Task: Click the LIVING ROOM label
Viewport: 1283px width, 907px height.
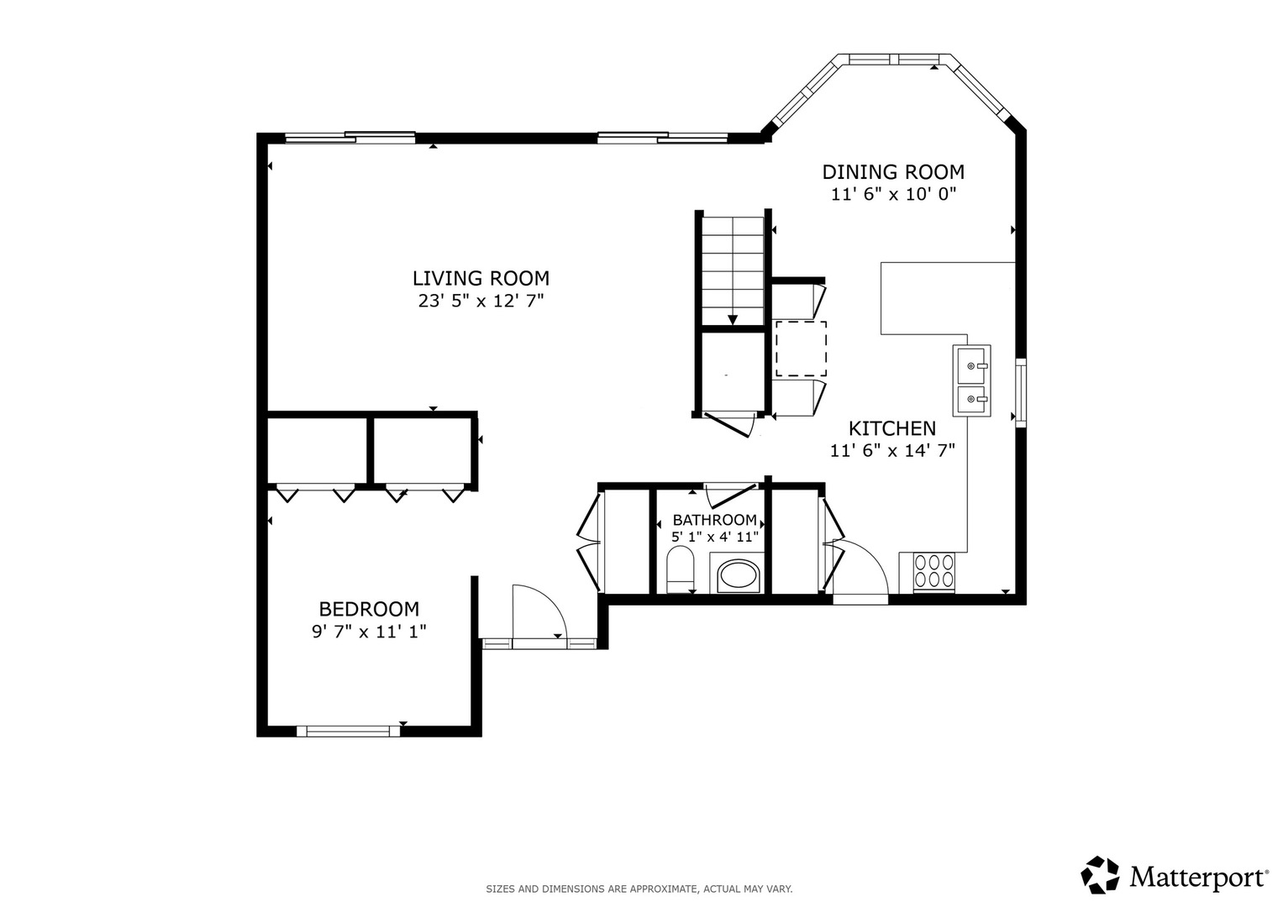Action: point(481,278)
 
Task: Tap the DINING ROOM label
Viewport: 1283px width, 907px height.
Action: point(893,172)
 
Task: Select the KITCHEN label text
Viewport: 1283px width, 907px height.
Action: point(891,428)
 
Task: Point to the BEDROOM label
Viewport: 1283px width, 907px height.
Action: point(369,609)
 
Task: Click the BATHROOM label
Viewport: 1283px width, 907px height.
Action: point(715,520)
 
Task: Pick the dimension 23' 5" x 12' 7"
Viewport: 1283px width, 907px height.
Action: point(481,301)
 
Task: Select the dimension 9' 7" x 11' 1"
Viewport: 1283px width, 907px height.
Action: point(369,632)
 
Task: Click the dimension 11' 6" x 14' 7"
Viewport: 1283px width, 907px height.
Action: point(892,451)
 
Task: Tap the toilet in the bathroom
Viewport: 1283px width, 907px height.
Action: point(681,569)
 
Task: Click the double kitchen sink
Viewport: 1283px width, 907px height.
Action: point(971,380)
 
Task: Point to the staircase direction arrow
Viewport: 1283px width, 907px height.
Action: point(733,320)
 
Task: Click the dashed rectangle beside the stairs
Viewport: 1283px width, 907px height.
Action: point(801,349)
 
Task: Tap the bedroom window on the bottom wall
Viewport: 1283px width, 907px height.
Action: point(348,731)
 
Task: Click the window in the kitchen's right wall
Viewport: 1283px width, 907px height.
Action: point(1021,393)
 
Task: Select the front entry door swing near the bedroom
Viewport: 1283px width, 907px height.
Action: point(539,611)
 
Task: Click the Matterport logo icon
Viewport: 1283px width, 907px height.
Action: point(1100,875)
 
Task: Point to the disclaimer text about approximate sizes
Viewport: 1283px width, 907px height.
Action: point(639,889)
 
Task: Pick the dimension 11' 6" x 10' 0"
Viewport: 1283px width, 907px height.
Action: point(893,194)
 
